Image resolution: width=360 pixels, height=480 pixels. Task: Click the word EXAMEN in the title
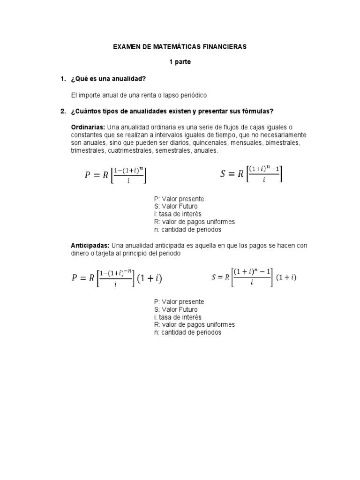[x=127, y=47]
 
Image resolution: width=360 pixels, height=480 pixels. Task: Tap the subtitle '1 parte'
[x=180, y=62]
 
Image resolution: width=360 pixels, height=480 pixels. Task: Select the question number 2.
[x=63, y=111]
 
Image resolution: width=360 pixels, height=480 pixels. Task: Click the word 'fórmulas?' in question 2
[x=257, y=111]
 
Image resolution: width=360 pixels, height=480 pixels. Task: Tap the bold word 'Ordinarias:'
[x=88, y=127]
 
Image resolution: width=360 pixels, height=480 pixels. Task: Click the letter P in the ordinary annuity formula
[x=87, y=175]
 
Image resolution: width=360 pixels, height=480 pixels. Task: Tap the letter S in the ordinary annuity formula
[x=223, y=174]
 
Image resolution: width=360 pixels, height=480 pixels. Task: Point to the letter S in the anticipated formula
[x=214, y=277]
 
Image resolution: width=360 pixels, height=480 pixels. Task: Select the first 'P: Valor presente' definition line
[x=179, y=199]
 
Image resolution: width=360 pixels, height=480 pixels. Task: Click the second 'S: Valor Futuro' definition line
[x=175, y=309]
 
